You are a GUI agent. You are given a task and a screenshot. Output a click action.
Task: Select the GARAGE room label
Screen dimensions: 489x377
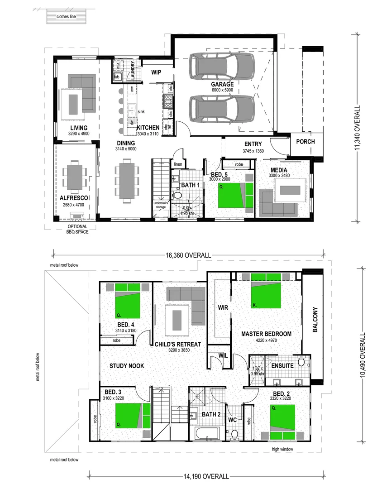pos(222,84)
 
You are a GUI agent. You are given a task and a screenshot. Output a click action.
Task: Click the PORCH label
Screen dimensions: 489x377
pos(305,141)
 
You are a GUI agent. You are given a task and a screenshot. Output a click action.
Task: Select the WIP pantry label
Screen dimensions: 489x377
pos(156,72)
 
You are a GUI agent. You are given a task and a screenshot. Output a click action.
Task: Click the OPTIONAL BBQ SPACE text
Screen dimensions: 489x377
pos(77,229)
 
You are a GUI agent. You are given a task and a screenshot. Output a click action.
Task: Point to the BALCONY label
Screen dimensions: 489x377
pos(315,321)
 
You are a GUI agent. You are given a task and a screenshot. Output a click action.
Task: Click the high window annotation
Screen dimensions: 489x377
pos(282,449)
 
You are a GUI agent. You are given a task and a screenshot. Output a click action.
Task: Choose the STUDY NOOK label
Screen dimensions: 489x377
pos(127,365)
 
